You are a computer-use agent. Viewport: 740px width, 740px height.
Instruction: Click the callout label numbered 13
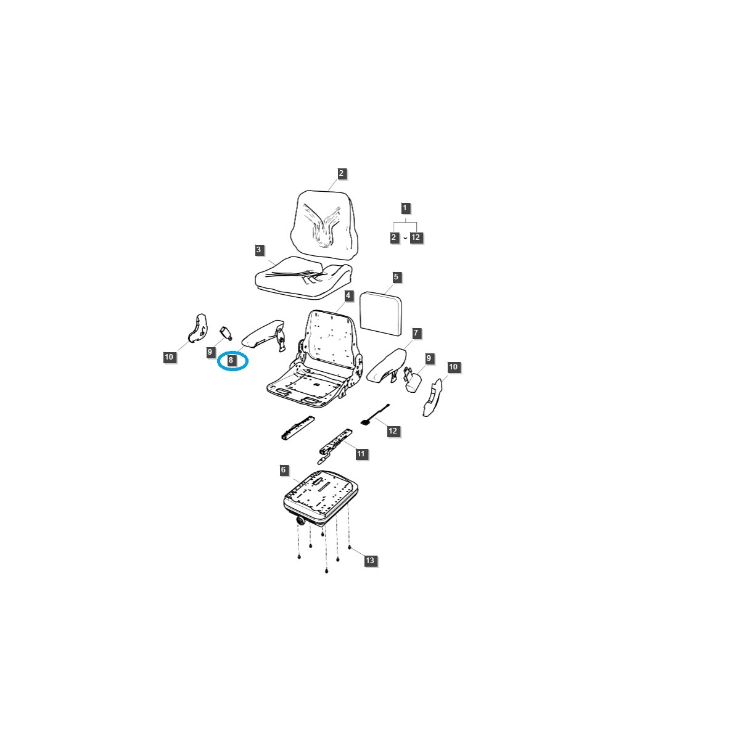click(x=369, y=561)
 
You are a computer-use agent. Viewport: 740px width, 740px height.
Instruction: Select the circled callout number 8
click(x=231, y=360)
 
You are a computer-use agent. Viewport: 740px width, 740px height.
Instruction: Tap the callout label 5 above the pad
click(x=396, y=277)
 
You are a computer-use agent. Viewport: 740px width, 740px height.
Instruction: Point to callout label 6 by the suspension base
click(x=283, y=470)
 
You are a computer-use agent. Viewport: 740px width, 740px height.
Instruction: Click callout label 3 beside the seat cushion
click(x=259, y=250)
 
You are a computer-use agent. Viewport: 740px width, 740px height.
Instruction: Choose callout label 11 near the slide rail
click(x=361, y=454)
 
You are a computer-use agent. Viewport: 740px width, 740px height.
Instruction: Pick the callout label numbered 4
click(x=348, y=296)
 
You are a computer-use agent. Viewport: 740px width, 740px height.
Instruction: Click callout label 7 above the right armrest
click(x=416, y=333)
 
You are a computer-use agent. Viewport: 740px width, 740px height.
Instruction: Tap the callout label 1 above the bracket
click(x=405, y=208)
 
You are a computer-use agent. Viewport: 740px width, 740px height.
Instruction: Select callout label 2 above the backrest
click(x=341, y=173)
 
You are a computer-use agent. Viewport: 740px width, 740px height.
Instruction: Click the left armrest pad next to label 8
click(x=261, y=334)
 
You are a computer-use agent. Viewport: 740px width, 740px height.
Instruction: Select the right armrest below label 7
click(x=387, y=365)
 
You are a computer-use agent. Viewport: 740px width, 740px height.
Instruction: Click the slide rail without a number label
click(x=297, y=428)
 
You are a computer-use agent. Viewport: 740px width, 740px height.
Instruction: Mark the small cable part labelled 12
click(x=374, y=415)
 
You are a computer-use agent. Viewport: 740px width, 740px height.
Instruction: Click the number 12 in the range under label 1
click(x=416, y=237)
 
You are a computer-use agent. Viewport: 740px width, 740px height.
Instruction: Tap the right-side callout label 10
click(x=453, y=367)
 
